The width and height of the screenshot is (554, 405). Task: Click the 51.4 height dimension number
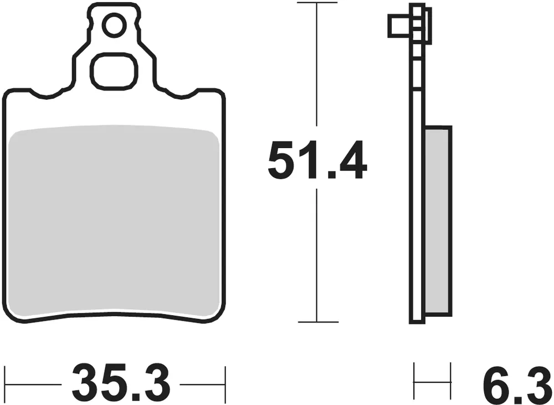tap(316, 161)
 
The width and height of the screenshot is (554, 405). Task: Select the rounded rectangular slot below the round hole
tap(114, 72)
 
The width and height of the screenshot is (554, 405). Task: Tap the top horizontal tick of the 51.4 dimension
tap(316, 3)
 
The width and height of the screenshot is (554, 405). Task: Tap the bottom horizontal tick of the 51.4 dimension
tap(316, 322)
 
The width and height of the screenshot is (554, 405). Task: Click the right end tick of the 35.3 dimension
tap(224, 383)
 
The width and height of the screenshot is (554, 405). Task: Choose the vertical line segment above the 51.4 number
tap(316, 67)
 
